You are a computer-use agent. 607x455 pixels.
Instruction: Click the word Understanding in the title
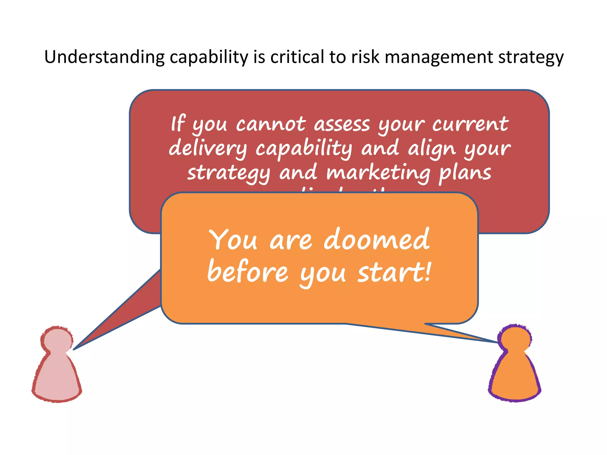point(104,57)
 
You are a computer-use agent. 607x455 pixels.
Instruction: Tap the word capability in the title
point(209,57)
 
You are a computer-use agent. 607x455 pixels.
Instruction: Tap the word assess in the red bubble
point(342,124)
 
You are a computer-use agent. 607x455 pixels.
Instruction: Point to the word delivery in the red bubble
point(208,148)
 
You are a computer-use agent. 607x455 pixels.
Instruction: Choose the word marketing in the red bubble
point(378,173)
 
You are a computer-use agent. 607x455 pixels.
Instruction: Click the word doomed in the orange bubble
point(377,239)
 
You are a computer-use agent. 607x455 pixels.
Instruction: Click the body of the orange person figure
point(515,376)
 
